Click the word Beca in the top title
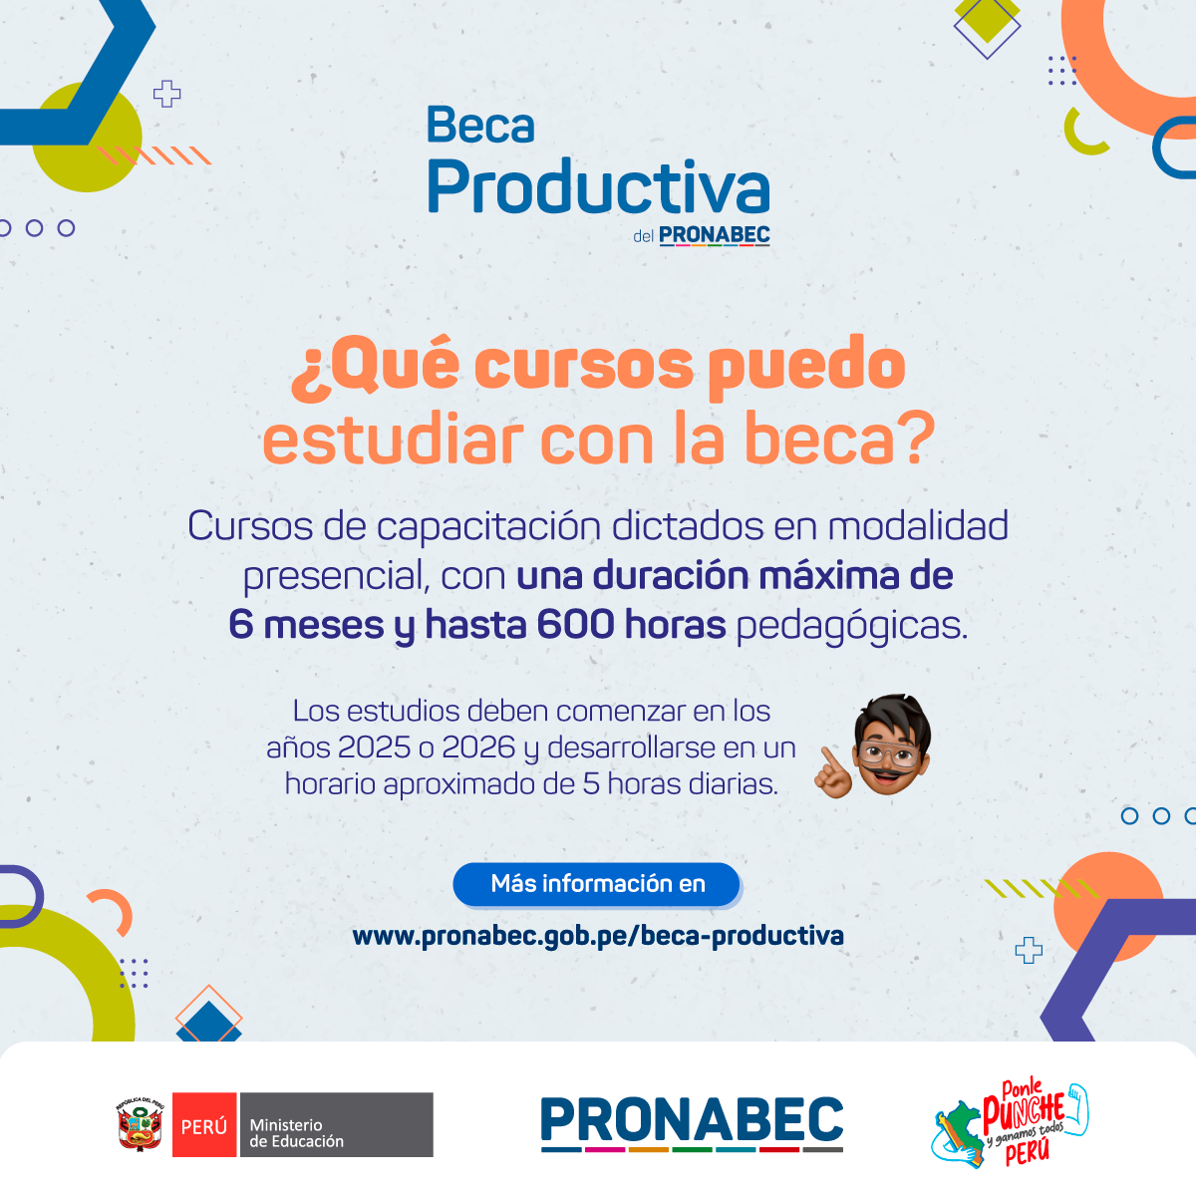[x=480, y=125]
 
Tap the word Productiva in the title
[x=598, y=186]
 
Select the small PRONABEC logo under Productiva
[x=714, y=236]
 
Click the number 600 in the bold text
[x=575, y=624]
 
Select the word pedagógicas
[x=851, y=626]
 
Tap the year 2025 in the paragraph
[x=374, y=747]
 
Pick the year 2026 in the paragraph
[x=478, y=747]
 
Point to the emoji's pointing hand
[x=833, y=773]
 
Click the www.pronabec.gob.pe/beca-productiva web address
[x=598, y=936]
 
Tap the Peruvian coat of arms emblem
[x=141, y=1124]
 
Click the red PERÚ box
[x=204, y=1124]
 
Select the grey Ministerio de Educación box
[x=337, y=1124]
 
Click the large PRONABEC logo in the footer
[x=692, y=1123]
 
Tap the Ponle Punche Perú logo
[x=1010, y=1123]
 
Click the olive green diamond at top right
[x=987, y=21]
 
